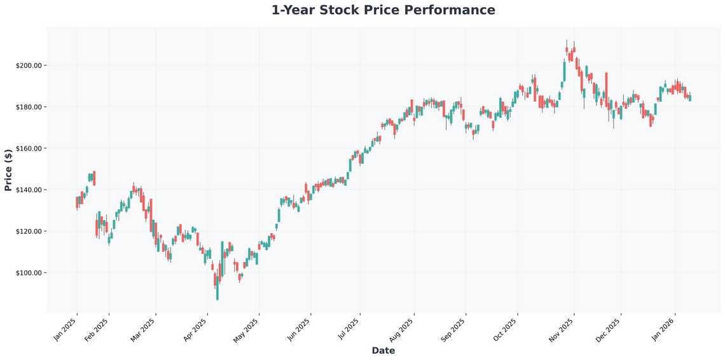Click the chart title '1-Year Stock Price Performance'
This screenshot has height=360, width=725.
[383, 10]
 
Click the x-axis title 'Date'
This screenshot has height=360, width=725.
[383, 350]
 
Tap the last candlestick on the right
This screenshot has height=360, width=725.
[690, 97]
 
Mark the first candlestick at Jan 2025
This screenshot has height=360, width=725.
[77, 202]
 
